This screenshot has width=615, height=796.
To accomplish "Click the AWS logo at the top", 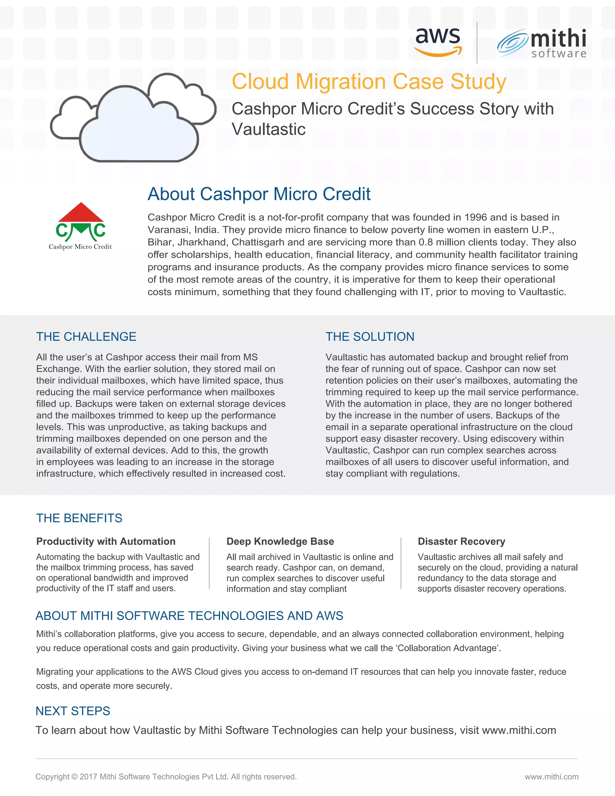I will coord(438,41).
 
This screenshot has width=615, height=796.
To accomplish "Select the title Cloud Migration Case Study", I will coord(369,81).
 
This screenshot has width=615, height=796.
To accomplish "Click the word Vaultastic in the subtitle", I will coord(268,129).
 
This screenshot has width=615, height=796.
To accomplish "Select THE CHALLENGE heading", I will coord(86,336).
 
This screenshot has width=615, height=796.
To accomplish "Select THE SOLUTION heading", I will coord(370,336).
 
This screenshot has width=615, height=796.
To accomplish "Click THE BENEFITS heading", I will coord(79,518).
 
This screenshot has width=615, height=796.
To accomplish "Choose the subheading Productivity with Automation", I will coord(106,541).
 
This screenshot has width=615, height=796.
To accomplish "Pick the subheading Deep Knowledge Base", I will coord(280,541).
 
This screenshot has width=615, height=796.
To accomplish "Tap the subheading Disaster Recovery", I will coord(461,541).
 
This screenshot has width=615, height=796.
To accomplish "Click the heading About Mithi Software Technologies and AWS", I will coord(189,615).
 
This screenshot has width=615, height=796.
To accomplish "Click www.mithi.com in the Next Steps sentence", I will coord(519,731).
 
